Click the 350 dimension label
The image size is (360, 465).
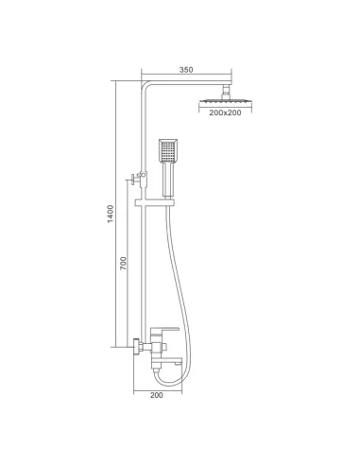pyautogui.click(x=186, y=70)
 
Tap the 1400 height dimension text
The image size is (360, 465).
pyautogui.click(x=111, y=214)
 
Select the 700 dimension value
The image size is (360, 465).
pyautogui.click(x=123, y=263)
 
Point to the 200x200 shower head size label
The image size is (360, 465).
pyautogui.click(x=225, y=112)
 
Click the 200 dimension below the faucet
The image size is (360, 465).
pyautogui.click(x=157, y=395)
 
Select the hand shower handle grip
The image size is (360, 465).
pyautogui.click(x=167, y=180)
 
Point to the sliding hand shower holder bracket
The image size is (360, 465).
pyautogui.click(x=154, y=203)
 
